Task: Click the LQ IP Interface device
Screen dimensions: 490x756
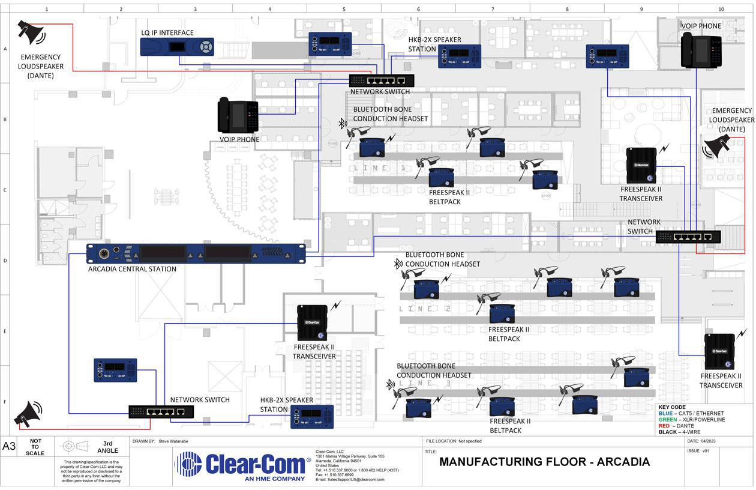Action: click(x=177, y=47)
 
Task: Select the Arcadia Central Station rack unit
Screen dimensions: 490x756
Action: click(x=196, y=253)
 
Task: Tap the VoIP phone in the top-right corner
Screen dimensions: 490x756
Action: click(x=701, y=50)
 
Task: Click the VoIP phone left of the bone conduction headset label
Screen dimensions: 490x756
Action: click(x=238, y=115)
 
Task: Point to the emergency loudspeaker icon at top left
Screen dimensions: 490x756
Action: click(x=31, y=32)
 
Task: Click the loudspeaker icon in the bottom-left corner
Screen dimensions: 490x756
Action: click(x=29, y=414)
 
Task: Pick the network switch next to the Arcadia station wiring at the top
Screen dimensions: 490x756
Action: click(x=382, y=80)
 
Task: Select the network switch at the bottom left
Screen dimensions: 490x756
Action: click(x=161, y=411)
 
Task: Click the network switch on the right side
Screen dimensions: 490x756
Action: click(x=688, y=237)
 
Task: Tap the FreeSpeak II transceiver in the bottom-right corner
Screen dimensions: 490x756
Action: click(x=719, y=352)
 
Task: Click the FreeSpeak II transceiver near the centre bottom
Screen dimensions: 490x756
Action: click(x=312, y=323)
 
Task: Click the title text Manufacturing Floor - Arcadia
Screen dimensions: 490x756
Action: click(x=544, y=462)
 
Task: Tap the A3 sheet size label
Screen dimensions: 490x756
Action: click(x=9, y=446)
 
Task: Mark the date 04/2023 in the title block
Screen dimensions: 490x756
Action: click(x=709, y=441)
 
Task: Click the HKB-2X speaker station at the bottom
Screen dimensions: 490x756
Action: click(x=312, y=416)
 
